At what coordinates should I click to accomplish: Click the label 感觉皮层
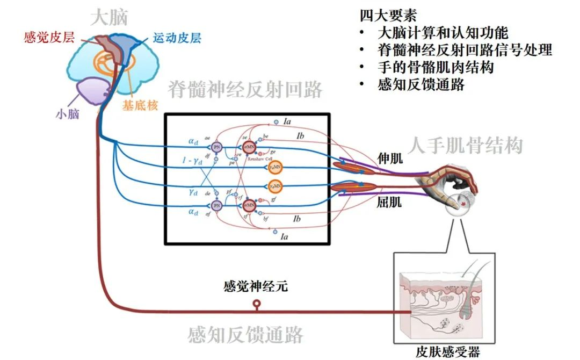pos(49,38)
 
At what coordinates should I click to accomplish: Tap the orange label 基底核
pos(140,106)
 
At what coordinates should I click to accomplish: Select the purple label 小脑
pos(68,114)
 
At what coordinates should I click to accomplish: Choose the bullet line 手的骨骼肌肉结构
pos(436,67)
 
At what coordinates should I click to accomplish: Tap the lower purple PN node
pos(217,205)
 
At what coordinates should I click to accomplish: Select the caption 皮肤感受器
pos(447,351)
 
